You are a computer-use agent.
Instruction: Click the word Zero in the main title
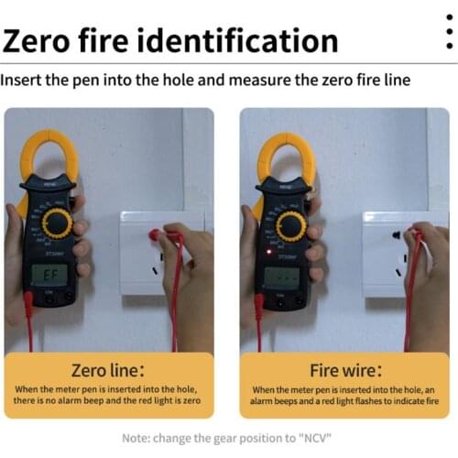[46, 41]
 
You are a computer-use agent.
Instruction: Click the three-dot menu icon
[448, 36]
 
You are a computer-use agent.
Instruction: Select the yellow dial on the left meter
[58, 222]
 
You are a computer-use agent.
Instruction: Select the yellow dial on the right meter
[291, 225]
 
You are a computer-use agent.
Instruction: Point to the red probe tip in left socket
[155, 235]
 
